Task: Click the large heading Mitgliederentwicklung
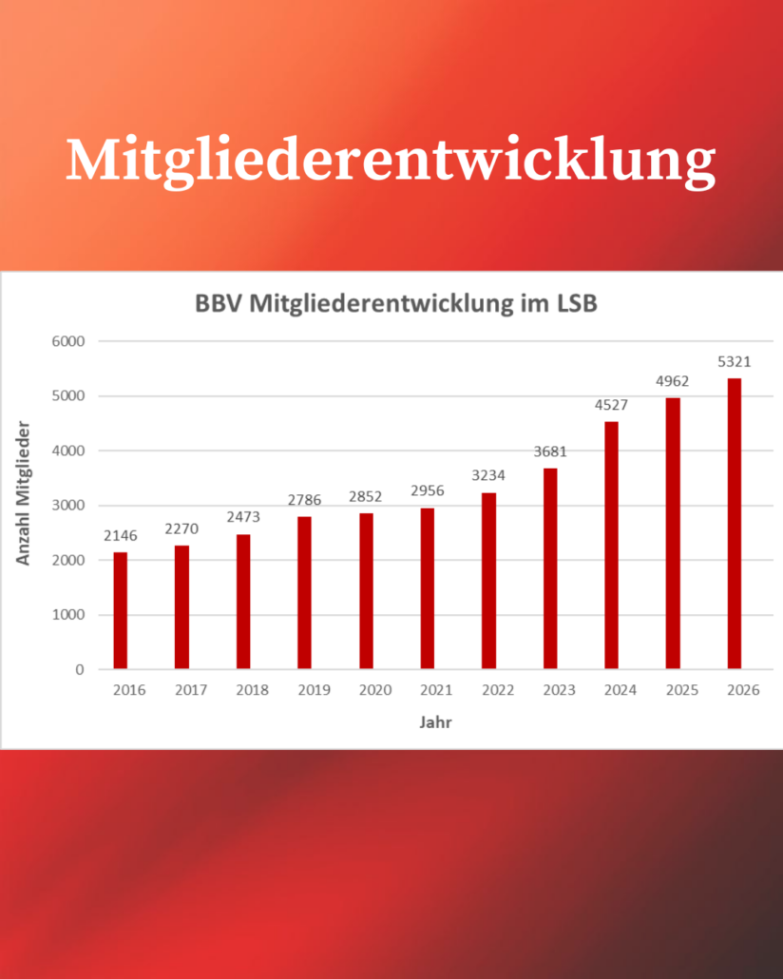point(391,160)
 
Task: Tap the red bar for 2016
point(120,610)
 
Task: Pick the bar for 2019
point(304,592)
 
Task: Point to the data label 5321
point(734,361)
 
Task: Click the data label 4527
point(611,405)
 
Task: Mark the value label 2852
point(366,496)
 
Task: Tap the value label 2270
point(181,528)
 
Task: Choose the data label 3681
point(550,451)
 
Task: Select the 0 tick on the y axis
point(79,670)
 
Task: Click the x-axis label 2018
point(252,691)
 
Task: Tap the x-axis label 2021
point(436,691)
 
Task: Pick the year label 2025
point(681,691)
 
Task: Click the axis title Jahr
point(435,722)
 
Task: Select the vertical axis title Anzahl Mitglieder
point(24,494)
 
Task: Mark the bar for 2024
point(611,545)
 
